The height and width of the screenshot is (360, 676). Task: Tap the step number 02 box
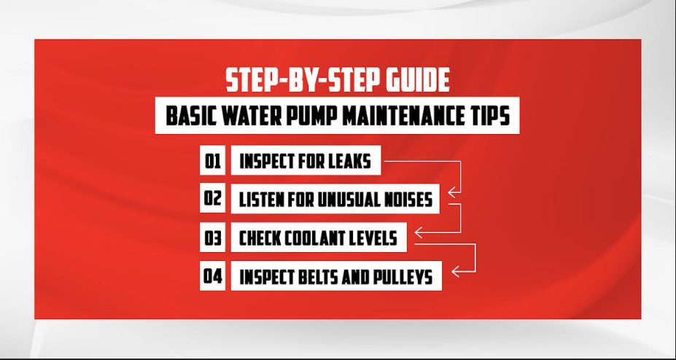212,199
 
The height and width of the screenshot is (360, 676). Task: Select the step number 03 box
212,238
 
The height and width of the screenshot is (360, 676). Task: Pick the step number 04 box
212,277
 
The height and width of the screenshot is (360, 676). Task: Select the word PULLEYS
402,278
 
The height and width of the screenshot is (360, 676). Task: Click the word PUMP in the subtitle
330,117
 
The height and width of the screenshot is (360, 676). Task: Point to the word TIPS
491,117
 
